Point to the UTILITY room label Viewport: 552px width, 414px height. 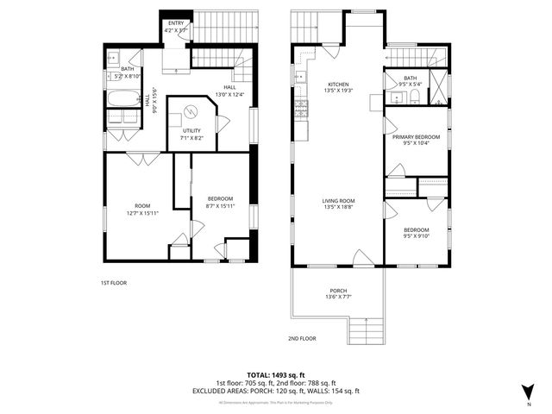tap(191, 131)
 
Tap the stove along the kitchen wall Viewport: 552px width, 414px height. tap(302, 108)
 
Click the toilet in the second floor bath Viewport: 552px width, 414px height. tap(414, 94)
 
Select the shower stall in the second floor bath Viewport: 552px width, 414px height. tap(440, 86)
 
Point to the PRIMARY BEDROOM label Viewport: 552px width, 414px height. tap(416, 138)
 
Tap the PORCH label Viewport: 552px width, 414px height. tap(338, 291)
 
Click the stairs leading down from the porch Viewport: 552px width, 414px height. tap(366, 330)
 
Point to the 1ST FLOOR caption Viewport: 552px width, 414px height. tap(113, 282)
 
